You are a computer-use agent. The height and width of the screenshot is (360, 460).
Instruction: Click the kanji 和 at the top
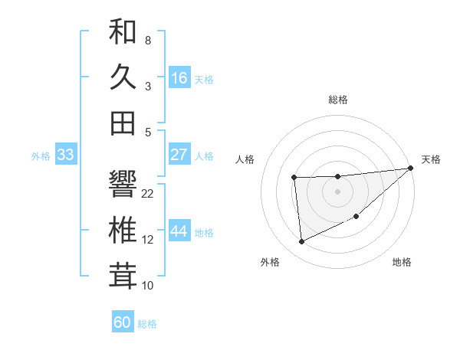(123, 32)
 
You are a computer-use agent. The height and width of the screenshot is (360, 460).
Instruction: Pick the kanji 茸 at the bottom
(123, 276)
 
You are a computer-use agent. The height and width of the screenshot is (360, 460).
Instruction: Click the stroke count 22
(148, 194)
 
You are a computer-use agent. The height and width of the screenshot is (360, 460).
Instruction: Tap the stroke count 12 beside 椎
(148, 240)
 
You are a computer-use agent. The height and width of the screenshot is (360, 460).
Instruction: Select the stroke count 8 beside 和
(147, 40)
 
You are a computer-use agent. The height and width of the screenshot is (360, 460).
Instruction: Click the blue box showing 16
(179, 77)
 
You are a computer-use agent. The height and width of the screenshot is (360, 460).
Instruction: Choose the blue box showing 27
(179, 154)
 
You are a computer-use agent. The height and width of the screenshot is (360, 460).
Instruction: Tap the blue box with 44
(179, 231)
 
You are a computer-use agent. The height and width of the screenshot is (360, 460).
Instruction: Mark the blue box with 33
(66, 155)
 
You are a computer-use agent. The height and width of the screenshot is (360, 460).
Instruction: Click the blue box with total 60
(123, 322)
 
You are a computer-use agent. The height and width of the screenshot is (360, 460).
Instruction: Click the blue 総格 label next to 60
(147, 324)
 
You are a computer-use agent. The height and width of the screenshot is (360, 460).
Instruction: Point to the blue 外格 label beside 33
(41, 156)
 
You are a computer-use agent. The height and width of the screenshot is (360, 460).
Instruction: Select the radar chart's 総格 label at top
(338, 100)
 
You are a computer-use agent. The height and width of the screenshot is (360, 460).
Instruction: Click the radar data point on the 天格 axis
(411, 168)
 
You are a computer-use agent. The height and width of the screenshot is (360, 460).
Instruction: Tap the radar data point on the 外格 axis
(301, 242)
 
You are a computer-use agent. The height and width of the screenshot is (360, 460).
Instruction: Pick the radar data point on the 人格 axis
(294, 178)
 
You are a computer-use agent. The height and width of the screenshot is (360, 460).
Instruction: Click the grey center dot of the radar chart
(338, 191)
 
